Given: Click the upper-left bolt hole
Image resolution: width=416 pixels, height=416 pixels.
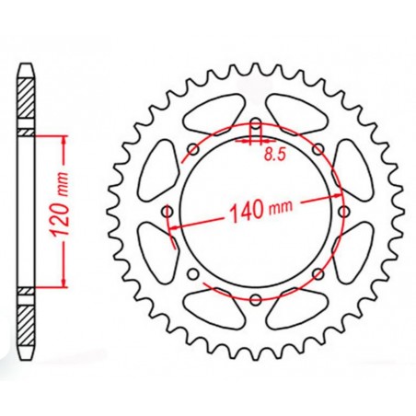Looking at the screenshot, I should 193,149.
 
